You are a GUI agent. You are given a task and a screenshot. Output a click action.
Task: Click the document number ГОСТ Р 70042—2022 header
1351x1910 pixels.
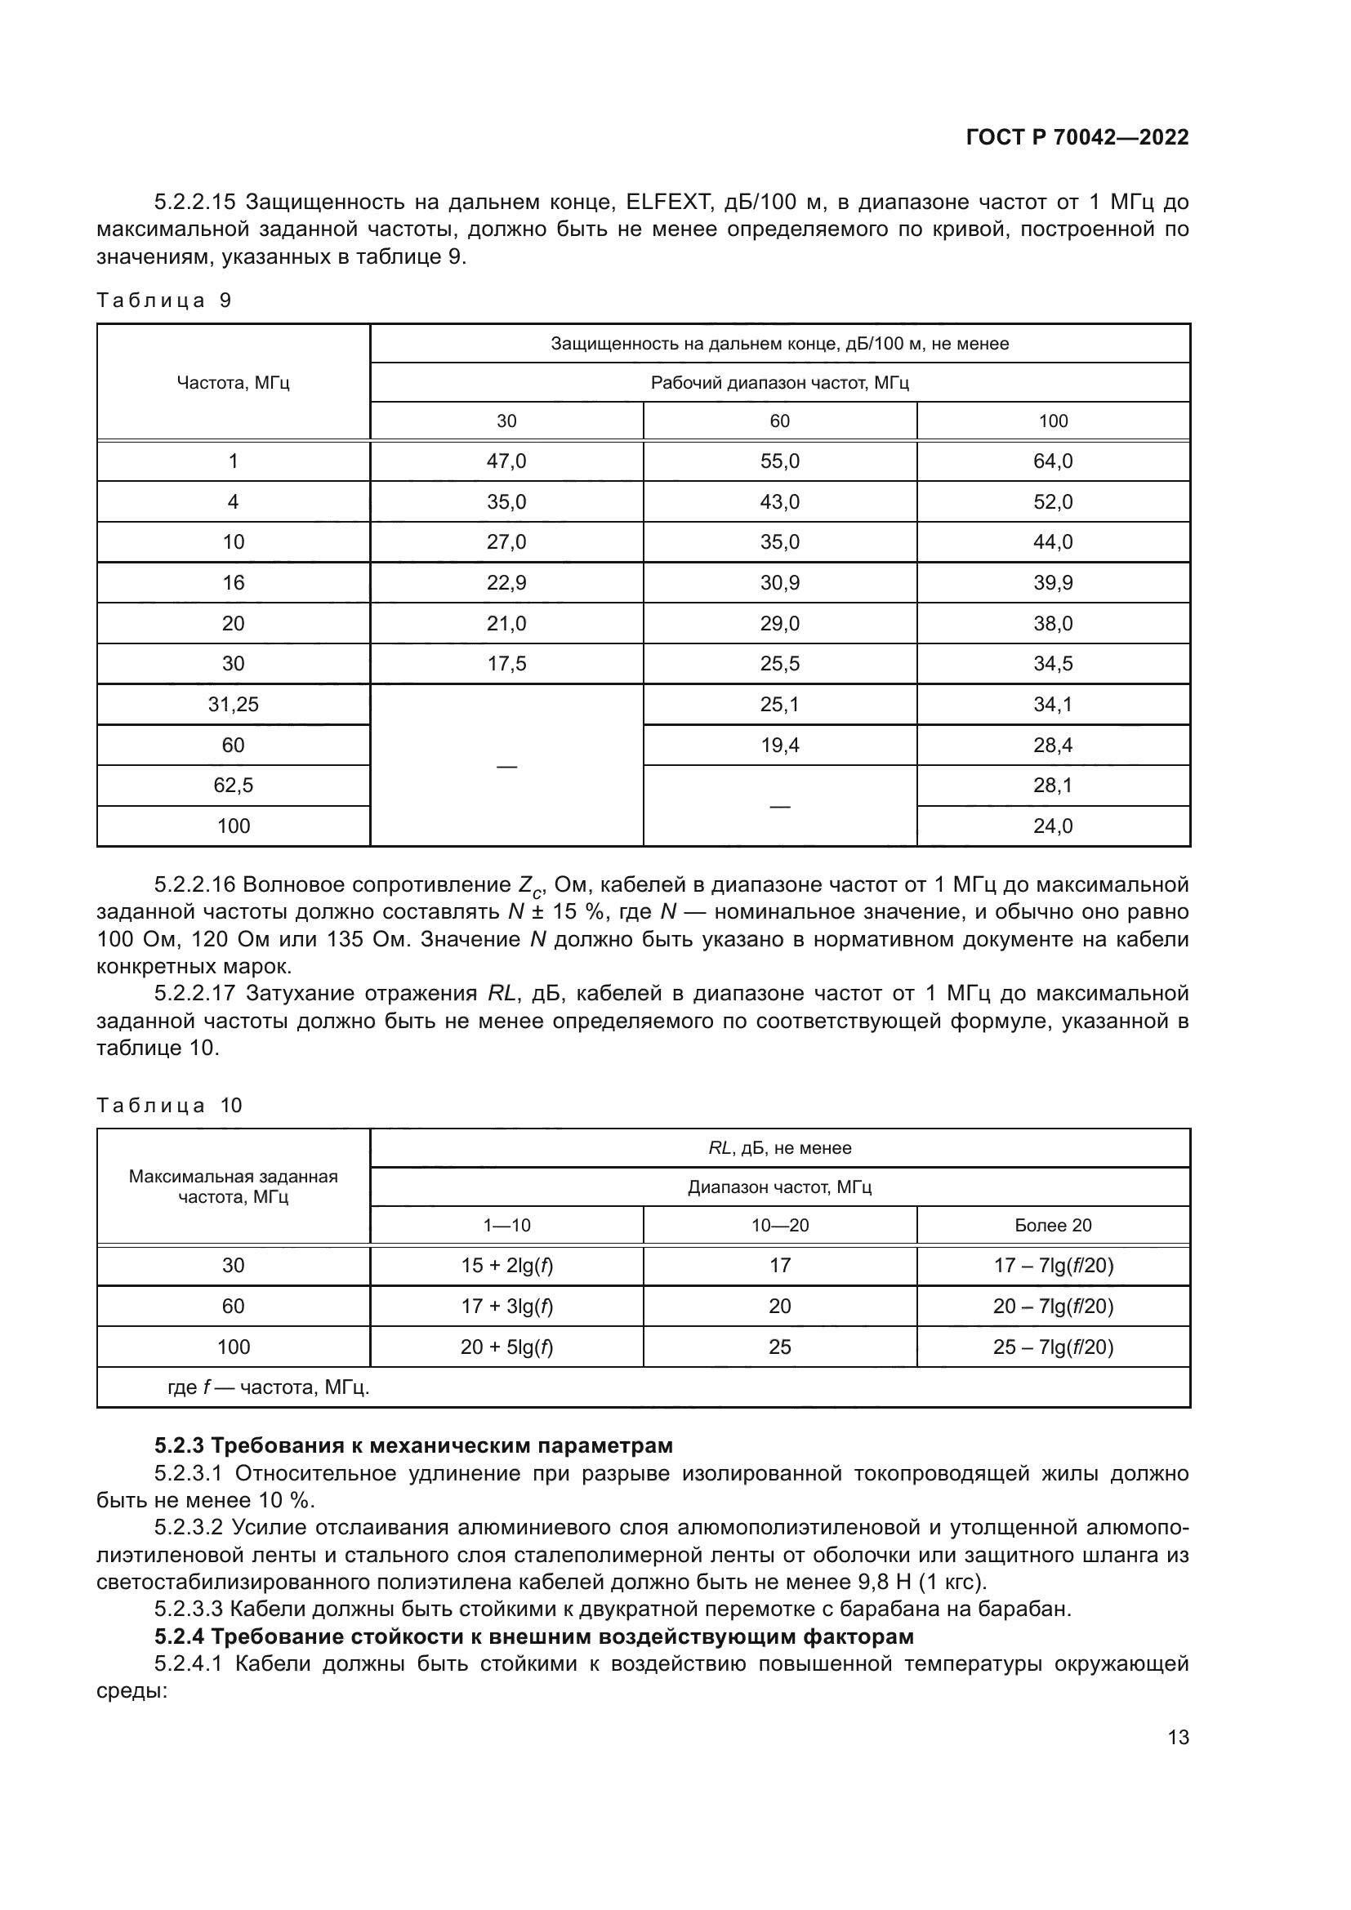point(1077,137)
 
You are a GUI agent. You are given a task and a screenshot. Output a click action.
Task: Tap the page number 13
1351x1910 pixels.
point(1178,1737)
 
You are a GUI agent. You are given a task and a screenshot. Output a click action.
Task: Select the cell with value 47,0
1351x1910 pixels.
point(506,461)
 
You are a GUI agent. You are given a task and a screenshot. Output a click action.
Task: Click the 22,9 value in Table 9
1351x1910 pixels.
point(506,582)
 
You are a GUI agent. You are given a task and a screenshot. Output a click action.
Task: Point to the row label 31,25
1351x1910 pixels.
point(233,705)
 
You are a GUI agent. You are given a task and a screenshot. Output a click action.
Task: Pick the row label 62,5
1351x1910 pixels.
point(233,786)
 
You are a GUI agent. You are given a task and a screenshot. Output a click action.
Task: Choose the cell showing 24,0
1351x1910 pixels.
point(1052,826)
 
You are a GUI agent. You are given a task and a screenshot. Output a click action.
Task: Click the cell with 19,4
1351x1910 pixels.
point(779,746)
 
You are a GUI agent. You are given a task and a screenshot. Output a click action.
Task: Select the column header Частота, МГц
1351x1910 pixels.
point(233,383)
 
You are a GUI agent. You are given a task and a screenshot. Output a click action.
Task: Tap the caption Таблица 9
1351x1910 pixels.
point(164,301)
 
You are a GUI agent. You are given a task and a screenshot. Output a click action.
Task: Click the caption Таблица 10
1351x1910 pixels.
point(169,1105)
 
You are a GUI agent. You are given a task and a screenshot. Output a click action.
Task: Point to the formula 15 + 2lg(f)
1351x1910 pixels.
point(506,1265)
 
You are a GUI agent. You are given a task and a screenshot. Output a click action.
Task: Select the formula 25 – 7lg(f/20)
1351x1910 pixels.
point(1052,1347)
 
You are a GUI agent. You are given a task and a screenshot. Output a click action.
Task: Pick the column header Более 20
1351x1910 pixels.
point(1052,1225)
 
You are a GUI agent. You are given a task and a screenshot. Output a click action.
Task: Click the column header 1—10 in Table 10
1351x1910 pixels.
point(506,1225)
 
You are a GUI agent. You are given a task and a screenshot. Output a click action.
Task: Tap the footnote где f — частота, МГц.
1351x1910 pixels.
point(268,1387)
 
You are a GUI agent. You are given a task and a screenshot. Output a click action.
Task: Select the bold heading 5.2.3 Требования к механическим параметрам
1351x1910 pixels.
point(413,1445)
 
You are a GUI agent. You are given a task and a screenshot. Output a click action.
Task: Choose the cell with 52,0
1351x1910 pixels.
point(1052,501)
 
